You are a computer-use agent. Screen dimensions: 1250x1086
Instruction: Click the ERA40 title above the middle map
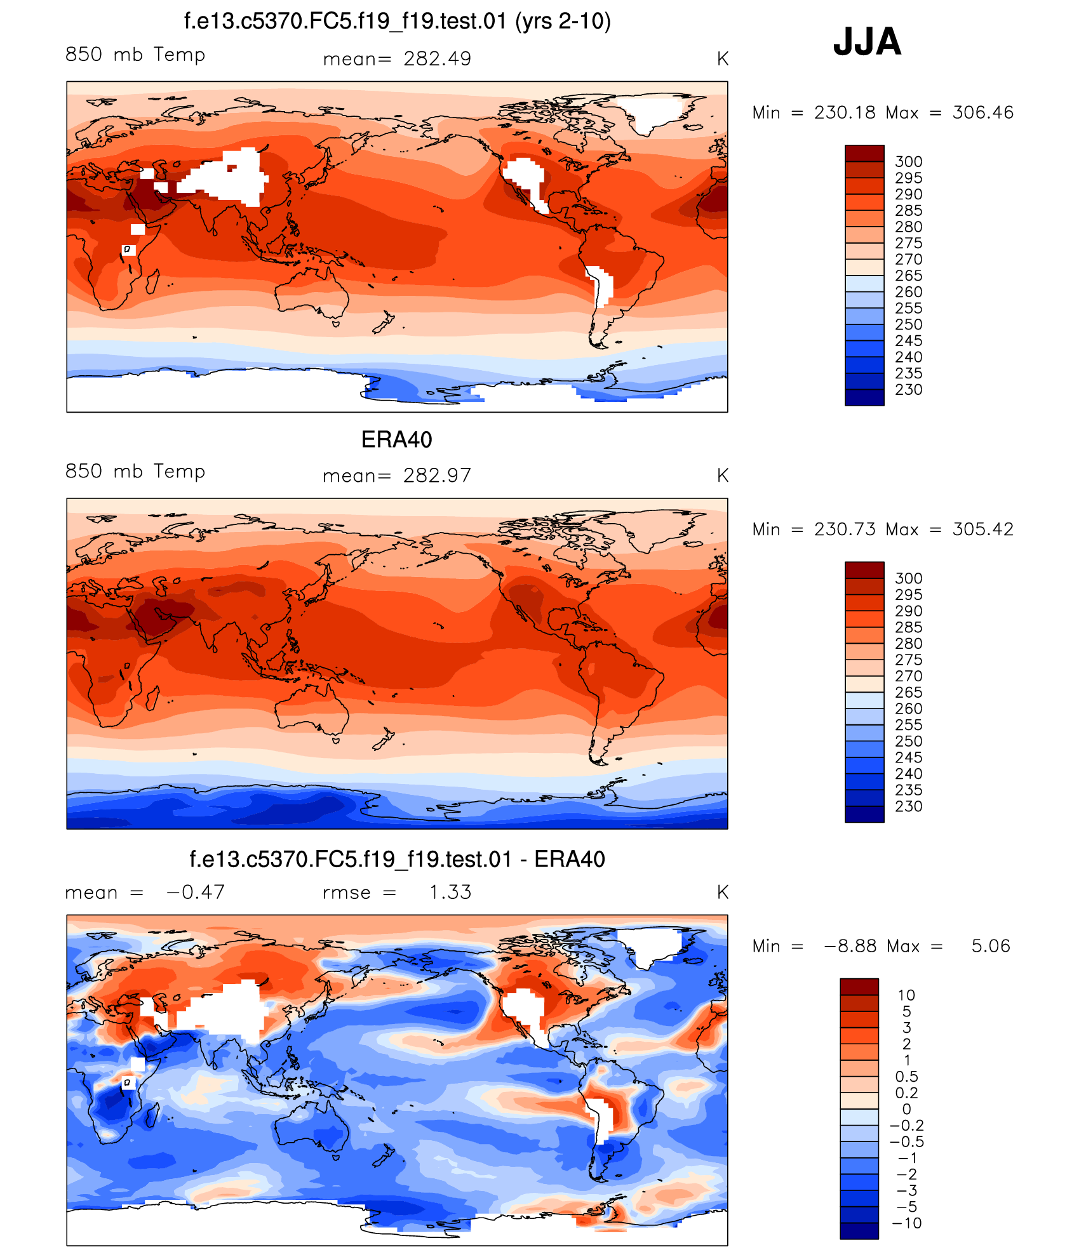point(396,439)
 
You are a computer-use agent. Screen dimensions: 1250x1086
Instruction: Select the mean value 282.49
point(437,59)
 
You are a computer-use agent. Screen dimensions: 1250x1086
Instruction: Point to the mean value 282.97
point(437,475)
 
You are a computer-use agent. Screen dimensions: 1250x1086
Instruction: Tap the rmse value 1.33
point(450,892)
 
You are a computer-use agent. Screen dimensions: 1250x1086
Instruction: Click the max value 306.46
point(982,112)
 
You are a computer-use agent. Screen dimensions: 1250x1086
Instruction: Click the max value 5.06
point(990,946)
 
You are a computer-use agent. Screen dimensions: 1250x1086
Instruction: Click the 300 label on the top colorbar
point(908,162)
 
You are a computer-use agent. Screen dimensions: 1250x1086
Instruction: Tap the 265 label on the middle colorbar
point(908,693)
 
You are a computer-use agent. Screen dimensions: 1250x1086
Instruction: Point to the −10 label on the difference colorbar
point(906,1223)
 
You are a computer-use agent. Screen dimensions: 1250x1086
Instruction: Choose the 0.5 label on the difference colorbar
point(906,1077)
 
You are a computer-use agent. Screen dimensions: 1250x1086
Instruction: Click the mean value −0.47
point(195,892)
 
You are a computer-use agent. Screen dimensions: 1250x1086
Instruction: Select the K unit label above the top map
point(722,59)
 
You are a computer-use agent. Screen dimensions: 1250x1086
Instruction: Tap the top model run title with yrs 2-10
point(397,22)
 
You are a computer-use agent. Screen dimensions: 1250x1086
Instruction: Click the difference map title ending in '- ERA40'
point(397,859)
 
